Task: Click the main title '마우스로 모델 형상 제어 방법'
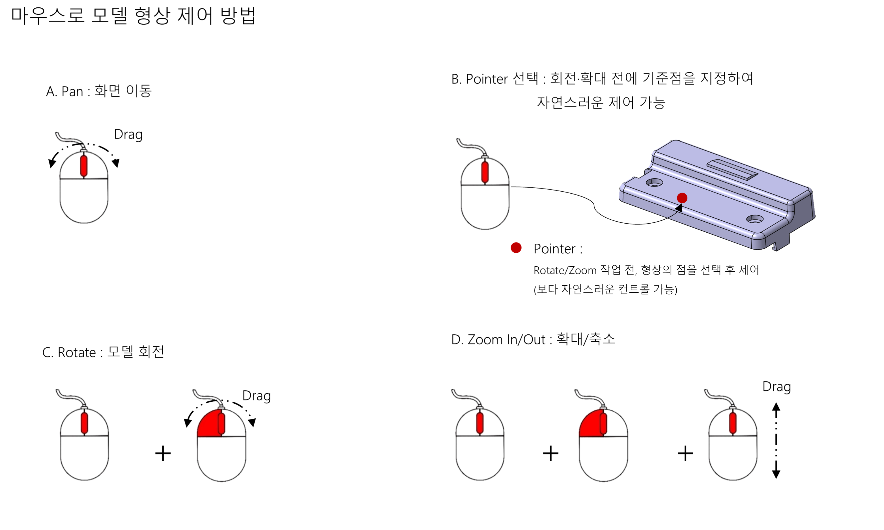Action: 134,16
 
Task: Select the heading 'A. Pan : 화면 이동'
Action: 99,91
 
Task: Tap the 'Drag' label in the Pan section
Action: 128,135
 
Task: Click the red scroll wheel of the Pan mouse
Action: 84,166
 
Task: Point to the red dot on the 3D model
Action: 682,198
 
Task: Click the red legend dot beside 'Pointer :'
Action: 516,248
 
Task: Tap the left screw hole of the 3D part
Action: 654,183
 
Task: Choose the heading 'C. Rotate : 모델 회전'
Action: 103,352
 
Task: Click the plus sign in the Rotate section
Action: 163,453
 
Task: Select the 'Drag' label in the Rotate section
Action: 257,396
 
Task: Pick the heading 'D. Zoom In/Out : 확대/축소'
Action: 533,339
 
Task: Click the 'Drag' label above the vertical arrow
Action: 777,387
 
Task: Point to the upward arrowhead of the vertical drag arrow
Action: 776,406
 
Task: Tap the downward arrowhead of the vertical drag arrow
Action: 776,474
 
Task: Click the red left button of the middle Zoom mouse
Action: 590,424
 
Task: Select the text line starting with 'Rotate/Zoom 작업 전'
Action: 646,270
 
